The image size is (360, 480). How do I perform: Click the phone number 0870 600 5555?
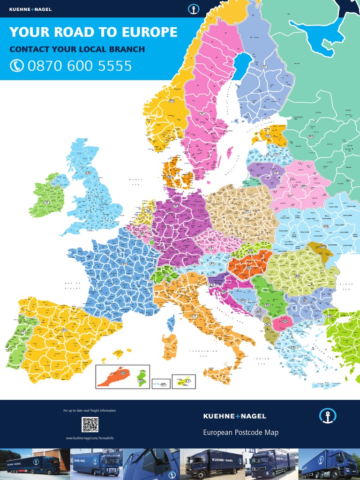click(80, 66)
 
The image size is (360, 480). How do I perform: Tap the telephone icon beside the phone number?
click(17, 66)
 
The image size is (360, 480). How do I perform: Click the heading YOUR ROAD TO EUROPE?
click(93, 32)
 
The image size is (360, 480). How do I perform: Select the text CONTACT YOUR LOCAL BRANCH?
click(77, 49)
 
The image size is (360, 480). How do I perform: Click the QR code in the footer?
click(90, 424)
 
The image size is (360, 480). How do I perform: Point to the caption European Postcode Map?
click(240, 432)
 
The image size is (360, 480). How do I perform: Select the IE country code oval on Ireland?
click(46, 202)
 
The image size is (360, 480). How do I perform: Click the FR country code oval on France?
click(124, 264)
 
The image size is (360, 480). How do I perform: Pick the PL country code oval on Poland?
click(247, 212)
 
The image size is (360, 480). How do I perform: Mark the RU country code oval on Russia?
click(310, 137)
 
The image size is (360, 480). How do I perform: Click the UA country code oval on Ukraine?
click(326, 226)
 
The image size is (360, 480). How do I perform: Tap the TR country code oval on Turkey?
click(330, 316)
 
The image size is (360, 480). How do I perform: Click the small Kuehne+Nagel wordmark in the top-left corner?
click(30, 9)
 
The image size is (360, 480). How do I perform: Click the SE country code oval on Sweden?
click(202, 113)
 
